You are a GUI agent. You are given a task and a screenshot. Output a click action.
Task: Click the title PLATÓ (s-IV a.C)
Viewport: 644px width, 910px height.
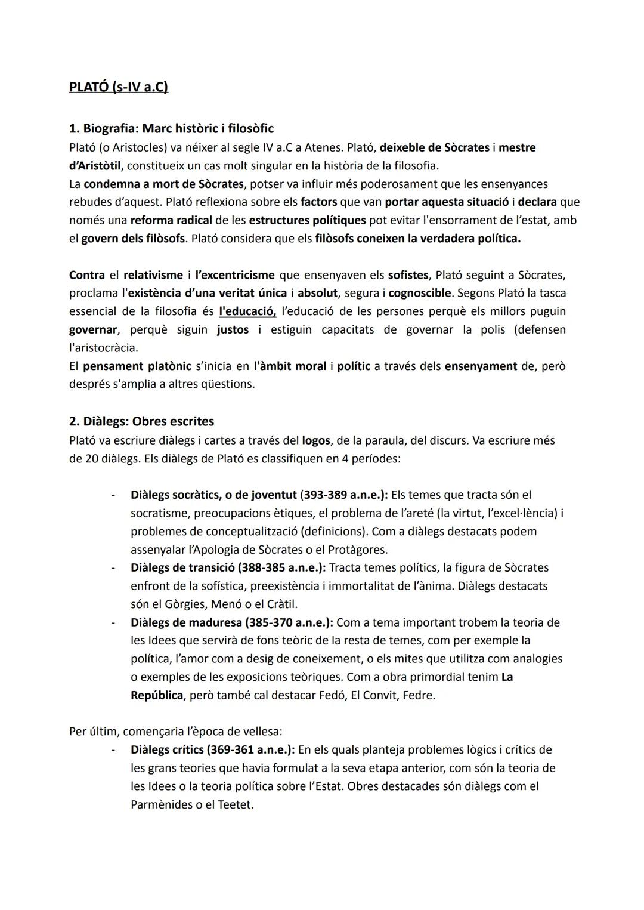click(118, 87)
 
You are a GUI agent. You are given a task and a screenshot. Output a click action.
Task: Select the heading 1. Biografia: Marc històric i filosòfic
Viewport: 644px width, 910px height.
click(171, 128)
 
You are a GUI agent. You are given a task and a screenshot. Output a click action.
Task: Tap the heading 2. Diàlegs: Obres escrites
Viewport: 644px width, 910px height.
click(141, 421)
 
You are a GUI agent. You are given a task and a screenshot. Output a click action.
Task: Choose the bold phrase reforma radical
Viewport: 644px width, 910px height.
click(163, 221)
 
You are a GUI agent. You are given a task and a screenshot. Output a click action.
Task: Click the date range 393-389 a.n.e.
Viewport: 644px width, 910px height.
click(343, 495)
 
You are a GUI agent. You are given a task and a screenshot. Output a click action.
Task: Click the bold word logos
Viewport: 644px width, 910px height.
click(316, 441)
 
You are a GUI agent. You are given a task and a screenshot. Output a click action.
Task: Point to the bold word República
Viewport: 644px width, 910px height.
click(157, 696)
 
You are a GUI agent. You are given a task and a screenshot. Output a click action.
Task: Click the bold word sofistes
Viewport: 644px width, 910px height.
click(408, 276)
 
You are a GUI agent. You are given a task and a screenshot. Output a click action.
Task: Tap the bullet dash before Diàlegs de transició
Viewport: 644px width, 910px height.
click(113, 568)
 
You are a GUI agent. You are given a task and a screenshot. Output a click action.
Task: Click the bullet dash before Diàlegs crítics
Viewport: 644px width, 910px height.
click(113, 750)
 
